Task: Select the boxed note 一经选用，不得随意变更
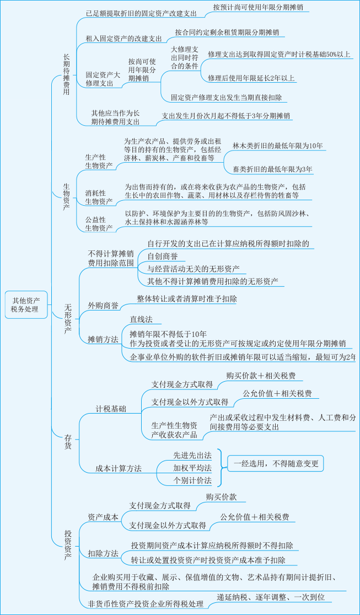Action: [273, 463]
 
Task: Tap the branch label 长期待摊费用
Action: [67, 75]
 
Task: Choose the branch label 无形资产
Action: [68, 318]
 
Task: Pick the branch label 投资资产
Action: [68, 544]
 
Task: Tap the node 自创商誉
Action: [162, 256]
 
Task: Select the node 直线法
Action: [141, 319]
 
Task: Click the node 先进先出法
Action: [192, 455]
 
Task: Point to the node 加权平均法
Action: [192, 468]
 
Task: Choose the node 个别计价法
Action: [192, 480]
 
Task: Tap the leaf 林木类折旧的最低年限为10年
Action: [277, 146]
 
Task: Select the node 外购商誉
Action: [103, 306]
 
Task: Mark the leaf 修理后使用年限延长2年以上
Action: [251, 78]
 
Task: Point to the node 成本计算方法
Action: [119, 468]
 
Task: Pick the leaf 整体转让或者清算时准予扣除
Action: [187, 298]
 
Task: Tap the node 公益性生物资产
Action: [99, 223]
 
